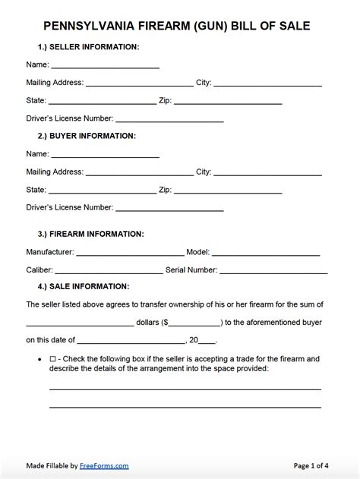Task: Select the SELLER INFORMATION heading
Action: [x=94, y=47]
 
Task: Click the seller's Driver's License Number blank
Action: [x=169, y=118]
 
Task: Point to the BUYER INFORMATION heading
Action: [x=93, y=136]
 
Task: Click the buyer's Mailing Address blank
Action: [x=140, y=172]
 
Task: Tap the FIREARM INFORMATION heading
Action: [x=96, y=234]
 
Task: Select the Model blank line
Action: [x=266, y=251]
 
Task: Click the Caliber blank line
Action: [x=109, y=269]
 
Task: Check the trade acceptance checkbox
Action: [x=52, y=358]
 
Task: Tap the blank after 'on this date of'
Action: [x=131, y=340]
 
